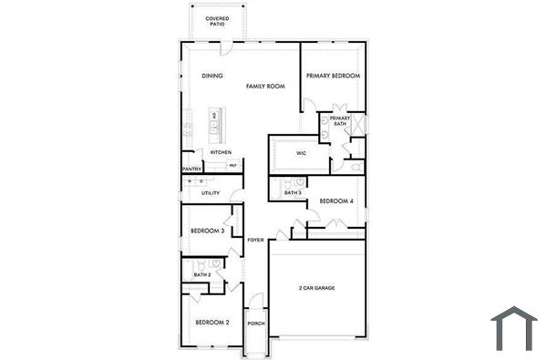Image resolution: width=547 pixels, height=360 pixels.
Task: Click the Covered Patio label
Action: click(x=217, y=20)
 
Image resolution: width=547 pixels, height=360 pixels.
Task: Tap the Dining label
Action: click(x=212, y=76)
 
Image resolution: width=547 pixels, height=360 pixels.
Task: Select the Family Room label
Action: click(x=265, y=86)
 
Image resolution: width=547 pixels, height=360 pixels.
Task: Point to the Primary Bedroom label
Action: click(x=333, y=76)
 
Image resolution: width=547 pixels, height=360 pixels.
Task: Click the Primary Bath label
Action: click(x=340, y=121)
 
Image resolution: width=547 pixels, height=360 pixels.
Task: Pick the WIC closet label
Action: click(x=301, y=153)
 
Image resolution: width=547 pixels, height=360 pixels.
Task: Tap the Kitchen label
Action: click(x=221, y=152)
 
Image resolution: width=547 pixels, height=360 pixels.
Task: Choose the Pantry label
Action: click(x=191, y=169)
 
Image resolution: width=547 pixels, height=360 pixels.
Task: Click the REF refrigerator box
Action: click(x=232, y=165)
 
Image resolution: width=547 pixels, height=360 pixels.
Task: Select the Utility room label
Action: click(x=211, y=193)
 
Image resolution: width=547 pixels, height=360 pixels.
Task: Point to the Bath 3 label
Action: click(x=293, y=193)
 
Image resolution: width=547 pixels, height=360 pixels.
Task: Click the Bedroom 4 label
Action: click(x=336, y=201)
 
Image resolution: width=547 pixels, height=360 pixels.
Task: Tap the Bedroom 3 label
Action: click(x=208, y=231)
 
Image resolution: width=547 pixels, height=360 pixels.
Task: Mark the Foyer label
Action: click(x=255, y=240)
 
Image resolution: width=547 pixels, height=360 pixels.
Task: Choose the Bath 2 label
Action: click(x=202, y=274)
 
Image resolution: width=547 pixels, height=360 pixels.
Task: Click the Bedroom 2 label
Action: click(x=212, y=322)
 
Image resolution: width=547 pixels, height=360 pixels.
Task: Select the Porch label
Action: click(x=256, y=323)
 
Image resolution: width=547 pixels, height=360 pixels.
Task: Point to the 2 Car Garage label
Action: click(x=316, y=288)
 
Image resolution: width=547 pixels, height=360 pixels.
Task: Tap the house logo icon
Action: click(x=514, y=328)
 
